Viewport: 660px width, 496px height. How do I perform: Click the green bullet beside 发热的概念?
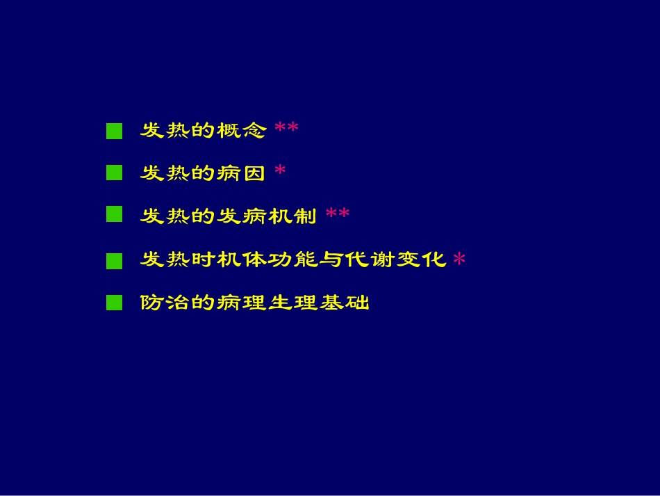114,131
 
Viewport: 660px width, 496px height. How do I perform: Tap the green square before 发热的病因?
114,173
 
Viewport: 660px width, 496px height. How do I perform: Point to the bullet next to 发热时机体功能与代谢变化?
114,260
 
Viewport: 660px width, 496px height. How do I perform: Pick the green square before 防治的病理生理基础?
114,303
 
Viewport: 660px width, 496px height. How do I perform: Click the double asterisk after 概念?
286,129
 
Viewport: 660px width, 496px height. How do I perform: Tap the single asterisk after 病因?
280,171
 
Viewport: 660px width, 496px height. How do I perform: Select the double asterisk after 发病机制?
338,214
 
